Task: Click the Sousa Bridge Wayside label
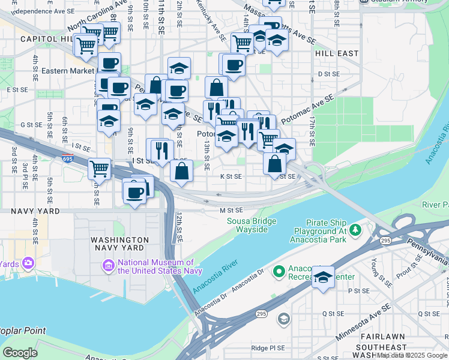251,225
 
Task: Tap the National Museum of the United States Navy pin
109,265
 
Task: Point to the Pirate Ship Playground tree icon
356,229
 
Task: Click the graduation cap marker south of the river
323,278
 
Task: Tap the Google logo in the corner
20,353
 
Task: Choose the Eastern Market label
67,70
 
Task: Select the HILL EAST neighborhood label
336,53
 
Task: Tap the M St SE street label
231,210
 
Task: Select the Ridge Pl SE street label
267,347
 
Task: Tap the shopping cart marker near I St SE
99,169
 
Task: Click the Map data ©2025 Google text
412,355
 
